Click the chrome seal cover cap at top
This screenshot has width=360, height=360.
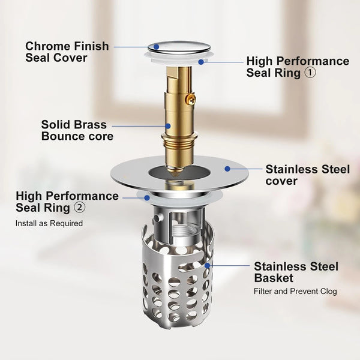point(179,48)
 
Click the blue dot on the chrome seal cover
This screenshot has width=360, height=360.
point(157,47)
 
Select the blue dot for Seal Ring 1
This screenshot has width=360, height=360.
point(201,62)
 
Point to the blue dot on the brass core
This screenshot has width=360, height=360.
point(168,126)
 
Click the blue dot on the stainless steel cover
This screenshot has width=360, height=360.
point(227,169)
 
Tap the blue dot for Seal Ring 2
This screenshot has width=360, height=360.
point(147,197)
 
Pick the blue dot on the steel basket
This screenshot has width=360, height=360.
point(208,266)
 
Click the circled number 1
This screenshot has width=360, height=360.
point(310,73)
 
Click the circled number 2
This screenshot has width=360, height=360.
point(79,208)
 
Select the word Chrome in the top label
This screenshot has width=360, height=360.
point(45,46)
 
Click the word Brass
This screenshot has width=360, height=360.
point(90,125)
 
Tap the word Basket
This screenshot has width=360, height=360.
point(274,278)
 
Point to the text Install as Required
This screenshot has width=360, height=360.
point(49,223)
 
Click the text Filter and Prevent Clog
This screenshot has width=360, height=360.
point(295,292)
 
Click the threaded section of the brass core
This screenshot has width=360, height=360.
point(179,144)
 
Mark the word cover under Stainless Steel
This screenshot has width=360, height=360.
point(281,181)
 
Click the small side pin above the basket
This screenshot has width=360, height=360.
point(157,218)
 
